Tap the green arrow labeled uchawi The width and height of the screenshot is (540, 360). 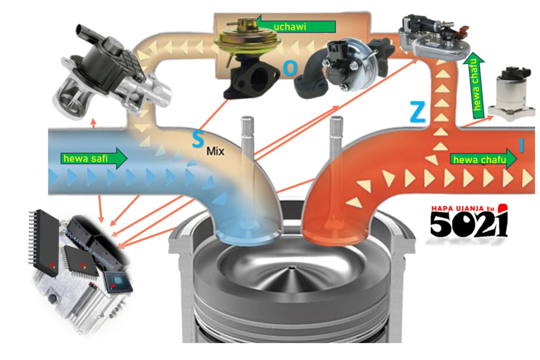(x=303, y=26)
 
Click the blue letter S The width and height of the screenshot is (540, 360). (x=197, y=140)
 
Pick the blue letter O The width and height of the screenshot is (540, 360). (x=290, y=67)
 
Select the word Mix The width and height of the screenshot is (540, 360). (x=215, y=152)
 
